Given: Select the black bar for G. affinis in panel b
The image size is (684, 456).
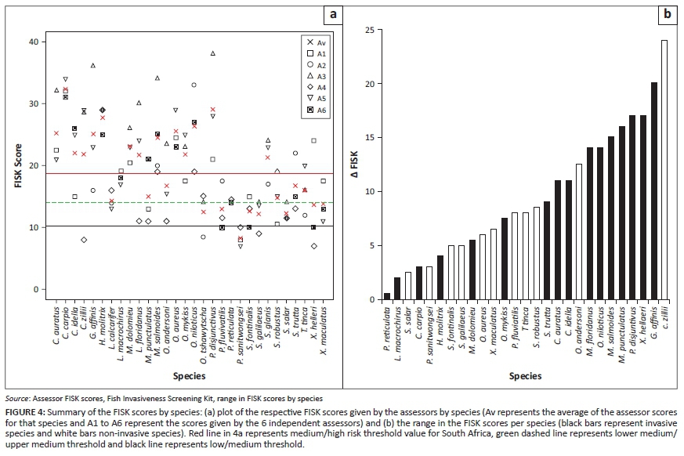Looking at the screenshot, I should pos(654,191).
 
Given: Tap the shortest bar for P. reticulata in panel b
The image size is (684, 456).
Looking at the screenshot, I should pos(387,296).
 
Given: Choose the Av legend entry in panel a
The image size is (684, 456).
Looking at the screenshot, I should pos(317,41).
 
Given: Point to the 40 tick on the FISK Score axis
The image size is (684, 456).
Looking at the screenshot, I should pos(32,42).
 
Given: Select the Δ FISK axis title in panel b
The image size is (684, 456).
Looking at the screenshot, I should pos(353,165).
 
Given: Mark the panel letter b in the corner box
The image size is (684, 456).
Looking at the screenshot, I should pos(668,14).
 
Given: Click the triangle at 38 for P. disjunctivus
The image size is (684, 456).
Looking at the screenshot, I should pos(212,53).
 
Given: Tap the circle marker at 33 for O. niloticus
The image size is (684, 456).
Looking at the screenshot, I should pos(194,85).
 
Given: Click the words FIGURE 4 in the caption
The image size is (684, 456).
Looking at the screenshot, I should pos(27,412).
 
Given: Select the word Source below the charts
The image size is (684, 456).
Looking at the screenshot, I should pos(17,398).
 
